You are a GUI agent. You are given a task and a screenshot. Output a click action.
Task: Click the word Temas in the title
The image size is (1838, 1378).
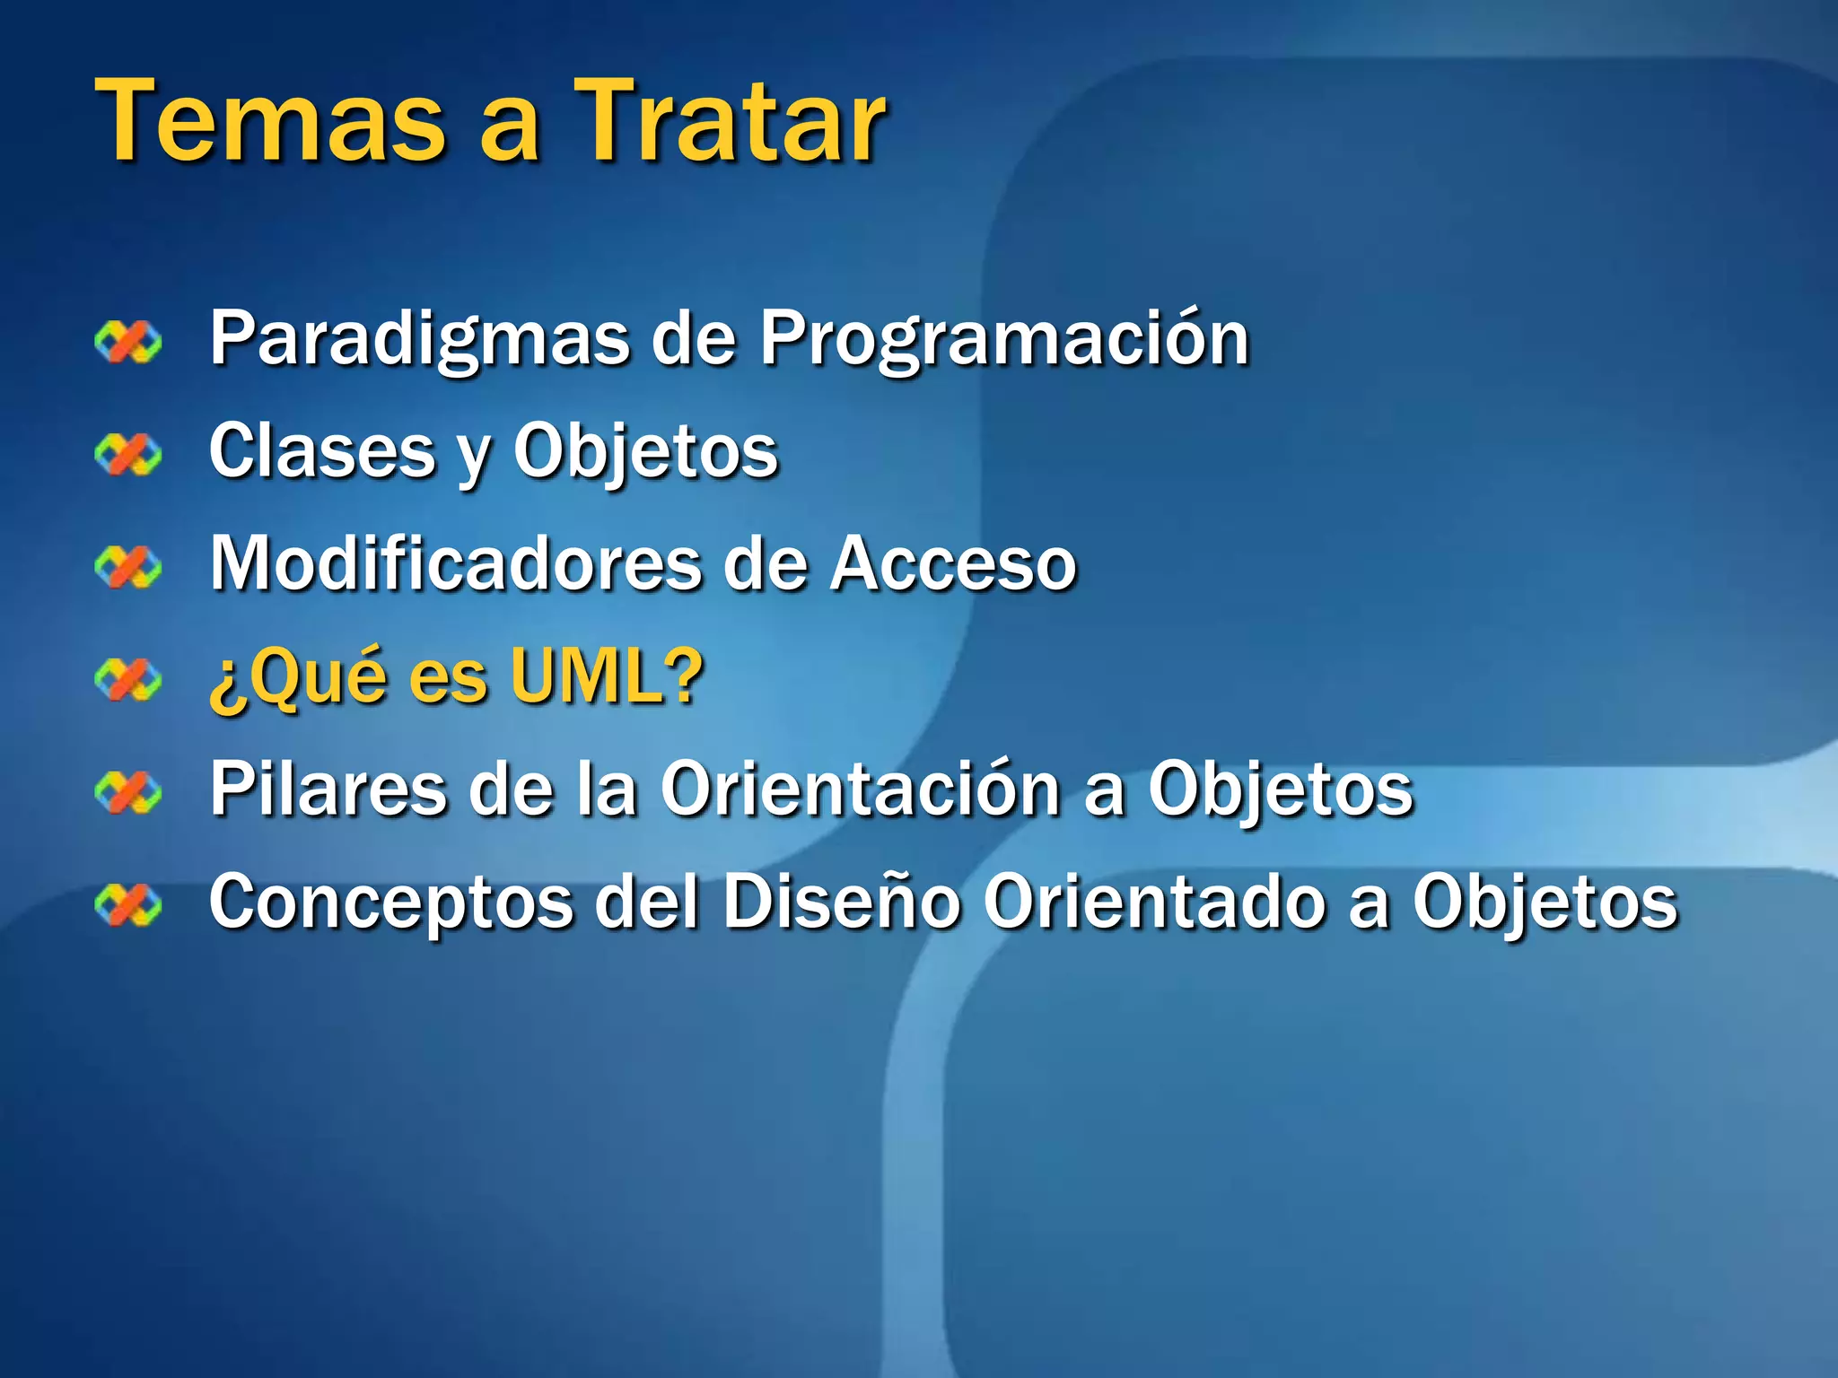point(269,121)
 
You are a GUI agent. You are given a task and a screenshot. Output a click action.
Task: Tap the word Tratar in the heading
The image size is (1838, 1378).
point(729,121)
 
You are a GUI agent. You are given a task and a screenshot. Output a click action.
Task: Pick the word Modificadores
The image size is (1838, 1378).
point(454,564)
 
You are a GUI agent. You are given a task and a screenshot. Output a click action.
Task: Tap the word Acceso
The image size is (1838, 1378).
point(953,564)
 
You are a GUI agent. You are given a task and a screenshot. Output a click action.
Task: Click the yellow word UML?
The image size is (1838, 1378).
point(607,677)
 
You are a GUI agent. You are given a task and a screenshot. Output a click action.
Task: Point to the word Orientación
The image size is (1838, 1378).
point(861,789)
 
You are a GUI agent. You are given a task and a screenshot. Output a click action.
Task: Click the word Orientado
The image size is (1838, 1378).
point(1154,902)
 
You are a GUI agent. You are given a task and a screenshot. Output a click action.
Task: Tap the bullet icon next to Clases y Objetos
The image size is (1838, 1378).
point(128,454)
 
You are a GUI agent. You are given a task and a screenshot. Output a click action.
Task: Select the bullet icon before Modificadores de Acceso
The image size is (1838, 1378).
point(128,567)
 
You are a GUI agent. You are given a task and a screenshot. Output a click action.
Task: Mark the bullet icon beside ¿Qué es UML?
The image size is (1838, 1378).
point(128,680)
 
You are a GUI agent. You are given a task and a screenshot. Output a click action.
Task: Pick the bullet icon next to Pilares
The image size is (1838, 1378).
point(128,792)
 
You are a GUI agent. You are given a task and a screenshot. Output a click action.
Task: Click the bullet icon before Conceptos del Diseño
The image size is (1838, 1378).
point(128,905)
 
